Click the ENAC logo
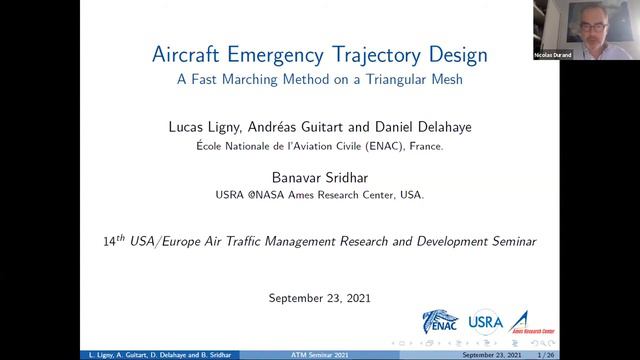tap(441, 321)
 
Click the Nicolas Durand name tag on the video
tap(581, 55)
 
